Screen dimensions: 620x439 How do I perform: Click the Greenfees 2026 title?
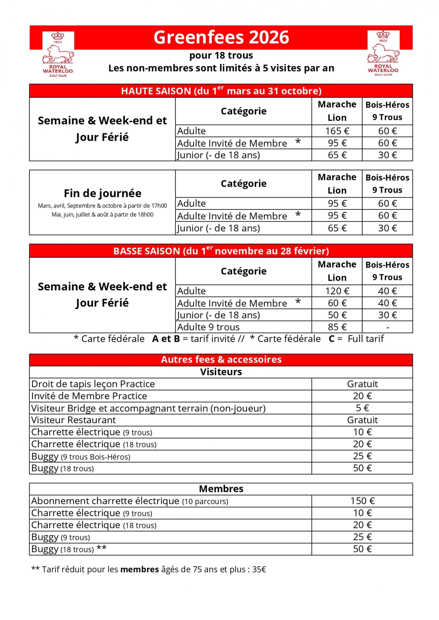pos(221,37)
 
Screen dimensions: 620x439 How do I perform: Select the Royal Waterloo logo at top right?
pos(383,53)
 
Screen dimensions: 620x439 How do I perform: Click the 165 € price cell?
pos(337,131)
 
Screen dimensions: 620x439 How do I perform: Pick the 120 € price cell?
pos(337,291)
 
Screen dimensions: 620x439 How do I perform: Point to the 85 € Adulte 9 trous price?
pos(337,327)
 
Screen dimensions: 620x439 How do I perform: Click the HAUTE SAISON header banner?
pos(221,91)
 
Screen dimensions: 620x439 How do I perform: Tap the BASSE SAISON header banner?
pos(221,251)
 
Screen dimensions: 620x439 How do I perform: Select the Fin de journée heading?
pos(102,193)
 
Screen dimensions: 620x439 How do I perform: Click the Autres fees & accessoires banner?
pos(221,359)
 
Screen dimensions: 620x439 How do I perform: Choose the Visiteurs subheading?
pos(221,372)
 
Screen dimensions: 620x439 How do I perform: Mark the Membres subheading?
pos(221,489)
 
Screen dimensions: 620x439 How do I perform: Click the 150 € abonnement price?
pos(362,501)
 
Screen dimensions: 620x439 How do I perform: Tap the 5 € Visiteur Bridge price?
pos(362,408)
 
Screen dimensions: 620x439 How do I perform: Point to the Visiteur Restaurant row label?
pos(74,420)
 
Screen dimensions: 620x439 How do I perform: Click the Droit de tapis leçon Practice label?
pos(93,384)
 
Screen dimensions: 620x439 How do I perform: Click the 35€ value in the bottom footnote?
pos(259,569)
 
